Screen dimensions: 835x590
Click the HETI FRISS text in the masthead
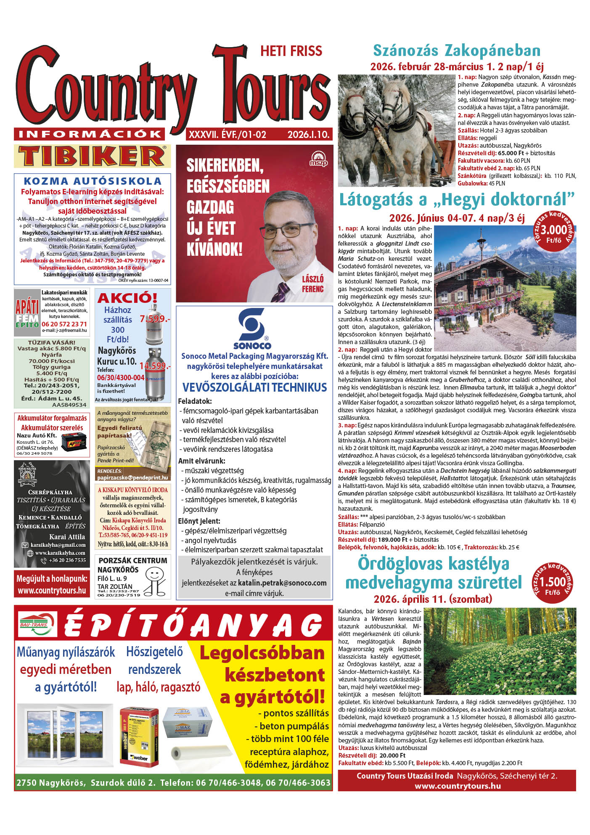point(291,51)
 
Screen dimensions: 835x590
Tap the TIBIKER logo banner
point(93,156)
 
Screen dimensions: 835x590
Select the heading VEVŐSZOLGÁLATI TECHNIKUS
point(254,387)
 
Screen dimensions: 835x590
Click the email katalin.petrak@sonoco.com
point(282,583)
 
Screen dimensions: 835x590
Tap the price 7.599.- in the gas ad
point(155,318)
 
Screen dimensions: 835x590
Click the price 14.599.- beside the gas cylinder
point(155,366)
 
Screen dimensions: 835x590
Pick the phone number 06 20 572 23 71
point(64,324)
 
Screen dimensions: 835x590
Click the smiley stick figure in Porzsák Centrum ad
point(155,579)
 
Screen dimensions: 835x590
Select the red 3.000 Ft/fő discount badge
point(553,232)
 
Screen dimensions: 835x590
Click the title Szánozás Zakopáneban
point(457,50)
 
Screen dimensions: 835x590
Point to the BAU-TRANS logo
point(34,624)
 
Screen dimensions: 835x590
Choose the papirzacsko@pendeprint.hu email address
point(132,477)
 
